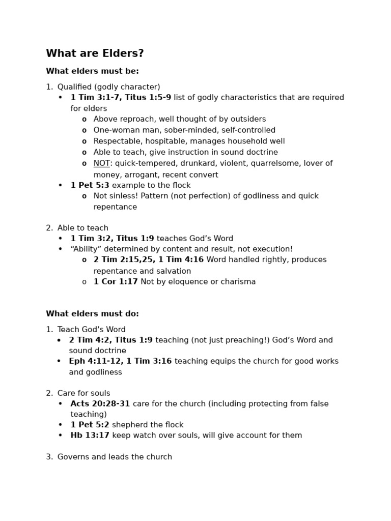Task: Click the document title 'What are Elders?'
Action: point(95,54)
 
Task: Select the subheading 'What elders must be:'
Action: point(92,71)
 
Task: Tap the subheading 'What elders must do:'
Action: point(92,314)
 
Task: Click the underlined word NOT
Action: point(102,163)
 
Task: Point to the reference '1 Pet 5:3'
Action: point(90,185)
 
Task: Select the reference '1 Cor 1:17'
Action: point(116,282)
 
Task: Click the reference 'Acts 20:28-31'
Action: point(100,404)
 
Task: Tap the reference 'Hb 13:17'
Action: point(90,436)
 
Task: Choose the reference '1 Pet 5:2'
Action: point(90,425)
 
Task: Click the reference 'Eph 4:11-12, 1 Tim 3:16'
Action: point(120,361)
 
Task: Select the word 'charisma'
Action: point(237,282)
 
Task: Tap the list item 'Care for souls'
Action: point(83,393)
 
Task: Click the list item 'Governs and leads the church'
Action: point(115,457)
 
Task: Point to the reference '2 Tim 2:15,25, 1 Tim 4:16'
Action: point(148,260)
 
